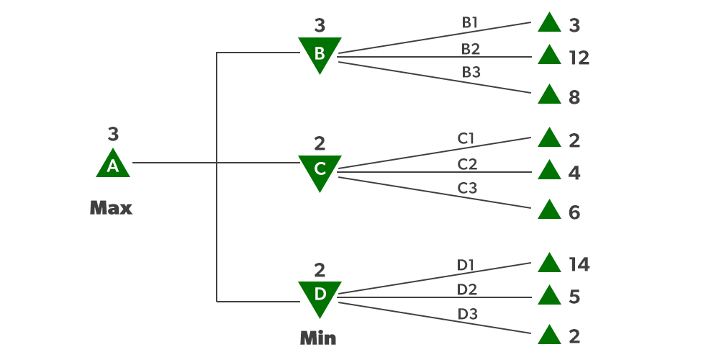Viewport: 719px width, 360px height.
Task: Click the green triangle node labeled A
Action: [x=113, y=165]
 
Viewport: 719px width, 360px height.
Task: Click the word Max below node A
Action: [x=111, y=209]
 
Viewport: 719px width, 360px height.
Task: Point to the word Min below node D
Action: [x=317, y=338]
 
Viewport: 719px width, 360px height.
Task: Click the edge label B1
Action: [x=470, y=22]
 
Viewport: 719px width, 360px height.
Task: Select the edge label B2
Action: [x=470, y=48]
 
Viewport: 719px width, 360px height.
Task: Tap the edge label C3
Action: [x=467, y=189]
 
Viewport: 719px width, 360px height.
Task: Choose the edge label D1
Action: [x=466, y=265]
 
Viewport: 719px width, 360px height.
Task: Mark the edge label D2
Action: [x=467, y=289]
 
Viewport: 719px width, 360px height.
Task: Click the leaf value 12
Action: [x=579, y=58]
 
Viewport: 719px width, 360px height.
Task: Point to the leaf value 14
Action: [x=579, y=265]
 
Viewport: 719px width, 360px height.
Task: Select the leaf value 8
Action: [x=574, y=98]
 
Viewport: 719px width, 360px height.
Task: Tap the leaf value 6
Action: [x=574, y=213]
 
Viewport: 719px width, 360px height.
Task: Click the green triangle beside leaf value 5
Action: [x=549, y=295]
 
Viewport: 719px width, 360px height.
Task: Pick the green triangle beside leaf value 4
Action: [x=549, y=171]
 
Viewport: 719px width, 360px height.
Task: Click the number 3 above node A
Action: [x=113, y=134]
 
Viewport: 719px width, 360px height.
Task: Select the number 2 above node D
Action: [x=320, y=271]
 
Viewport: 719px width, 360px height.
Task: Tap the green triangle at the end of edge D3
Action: [x=549, y=335]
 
